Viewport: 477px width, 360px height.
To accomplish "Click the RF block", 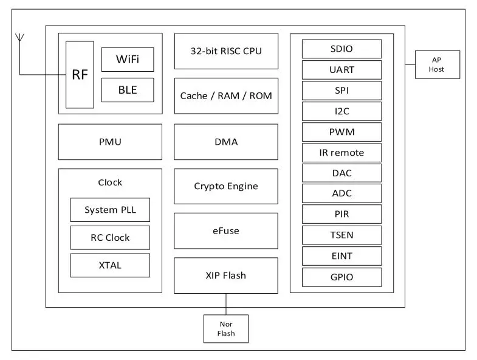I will [x=80, y=75].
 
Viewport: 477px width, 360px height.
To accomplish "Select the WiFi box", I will [x=128, y=60].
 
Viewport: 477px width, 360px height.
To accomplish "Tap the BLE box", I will [x=128, y=90].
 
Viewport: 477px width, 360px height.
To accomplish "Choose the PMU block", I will [x=110, y=142].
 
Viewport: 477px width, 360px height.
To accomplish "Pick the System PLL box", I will [x=110, y=210].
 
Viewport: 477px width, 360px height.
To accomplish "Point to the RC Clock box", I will [x=110, y=237].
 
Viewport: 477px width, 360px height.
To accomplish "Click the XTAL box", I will [x=110, y=265].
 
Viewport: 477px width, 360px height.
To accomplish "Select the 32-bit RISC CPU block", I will [x=226, y=51].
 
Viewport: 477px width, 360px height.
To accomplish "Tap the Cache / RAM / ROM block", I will [x=226, y=95].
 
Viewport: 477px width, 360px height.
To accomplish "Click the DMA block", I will [x=226, y=142].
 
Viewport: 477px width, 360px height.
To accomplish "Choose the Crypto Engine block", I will [x=226, y=186].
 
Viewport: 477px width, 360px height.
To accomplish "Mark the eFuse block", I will [x=226, y=230].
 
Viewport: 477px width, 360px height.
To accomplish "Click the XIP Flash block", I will [x=226, y=275].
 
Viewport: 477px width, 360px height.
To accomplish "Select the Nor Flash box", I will [x=226, y=328].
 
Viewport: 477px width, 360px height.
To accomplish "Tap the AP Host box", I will [x=437, y=64].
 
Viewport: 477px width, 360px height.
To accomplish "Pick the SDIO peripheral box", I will [x=341, y=49].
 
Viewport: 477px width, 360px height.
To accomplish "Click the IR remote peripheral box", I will [x=341, y=153].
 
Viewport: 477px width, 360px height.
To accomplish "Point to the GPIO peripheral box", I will [x=341, y=277].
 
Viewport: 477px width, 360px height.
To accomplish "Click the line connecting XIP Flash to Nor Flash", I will [x=226, y=303].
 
